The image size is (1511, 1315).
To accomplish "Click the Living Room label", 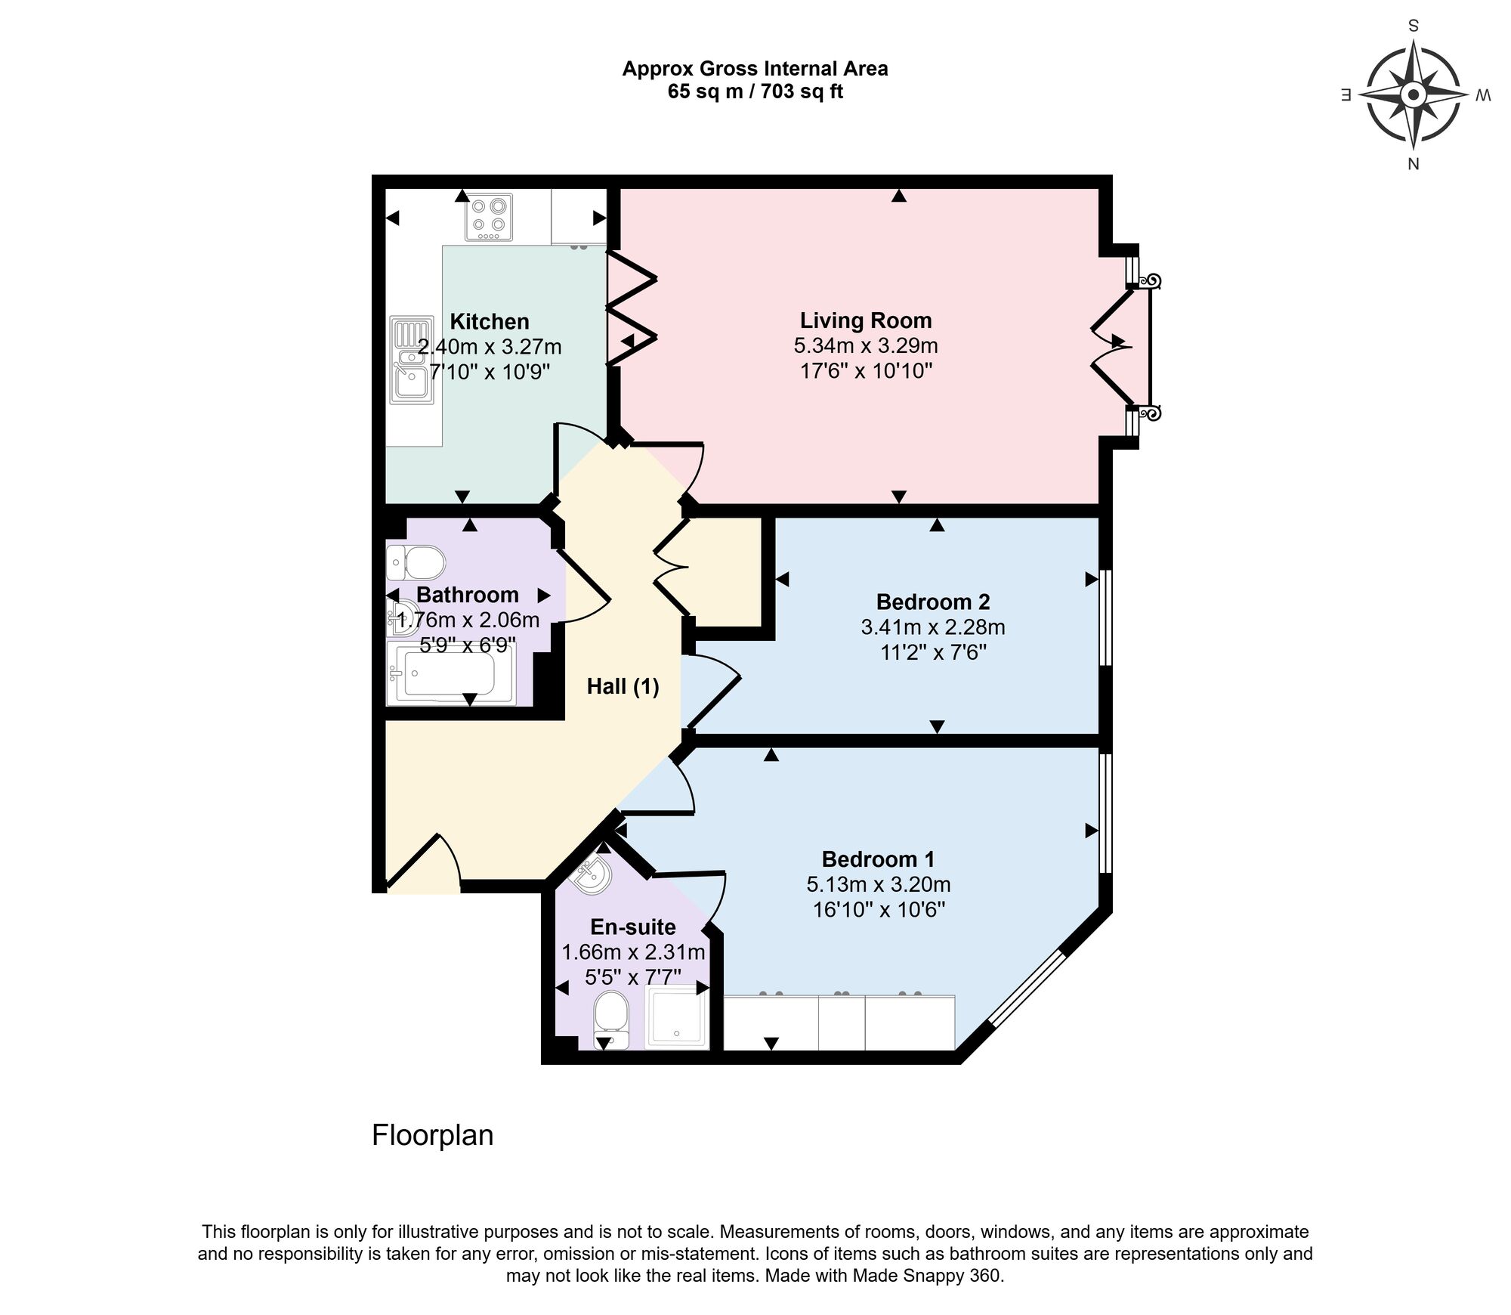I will (866, 320).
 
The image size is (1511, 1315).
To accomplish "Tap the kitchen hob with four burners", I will (489, 217).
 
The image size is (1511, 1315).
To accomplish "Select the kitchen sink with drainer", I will (412, 360).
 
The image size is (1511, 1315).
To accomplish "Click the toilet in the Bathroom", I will (416, 562).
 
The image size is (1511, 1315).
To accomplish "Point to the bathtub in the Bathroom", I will (450, 673).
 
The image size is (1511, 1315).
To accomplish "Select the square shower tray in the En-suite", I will (678, 1016).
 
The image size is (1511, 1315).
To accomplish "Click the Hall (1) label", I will (623, 686).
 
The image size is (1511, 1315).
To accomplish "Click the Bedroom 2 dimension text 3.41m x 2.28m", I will (932, 627).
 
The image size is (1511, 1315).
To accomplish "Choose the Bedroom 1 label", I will (878, 859).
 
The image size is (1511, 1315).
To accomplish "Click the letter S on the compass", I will (1413, 26).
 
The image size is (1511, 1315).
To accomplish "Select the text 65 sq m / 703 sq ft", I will (755, 92).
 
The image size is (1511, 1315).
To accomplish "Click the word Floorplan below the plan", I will (432, 1135).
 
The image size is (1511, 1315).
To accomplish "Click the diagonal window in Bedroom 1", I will (1027, 988).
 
